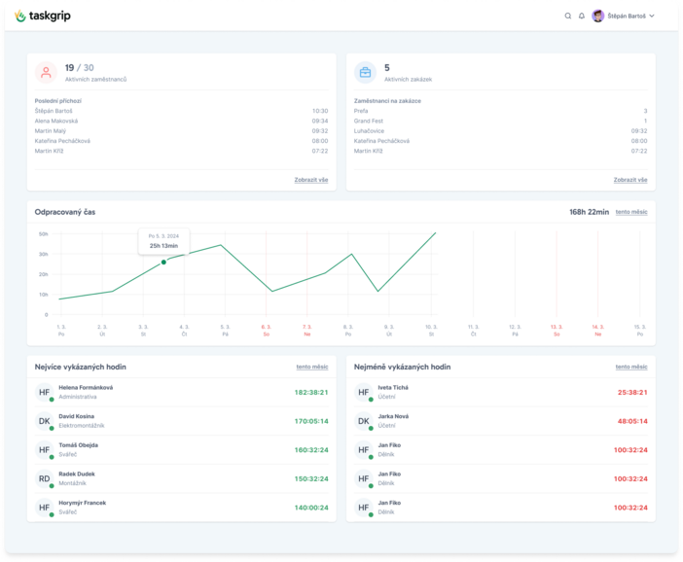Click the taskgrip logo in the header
[x=43, y=16]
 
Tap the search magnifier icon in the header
[x=568, y=16]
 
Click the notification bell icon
[x=582, y=16]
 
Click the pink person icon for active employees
[x=46, y=72]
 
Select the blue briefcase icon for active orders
[x=366, y=72]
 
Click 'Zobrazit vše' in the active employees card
[x=310, y=180]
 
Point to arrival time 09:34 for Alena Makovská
[x=319, y=121]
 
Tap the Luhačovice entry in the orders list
[x=369, y=130]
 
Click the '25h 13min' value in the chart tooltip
[x=163, y=245]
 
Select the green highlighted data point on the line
[x=163, y=262]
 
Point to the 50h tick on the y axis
[x=43, y=233]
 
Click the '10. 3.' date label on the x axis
[x=431, y=327]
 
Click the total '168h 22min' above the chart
[x=589, y=211]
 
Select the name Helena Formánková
[x=86, y=387]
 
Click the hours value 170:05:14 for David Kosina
[x=310, y=421]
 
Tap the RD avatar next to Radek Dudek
[x=44, y=478]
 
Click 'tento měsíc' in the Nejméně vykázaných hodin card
[x=630, y=367]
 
